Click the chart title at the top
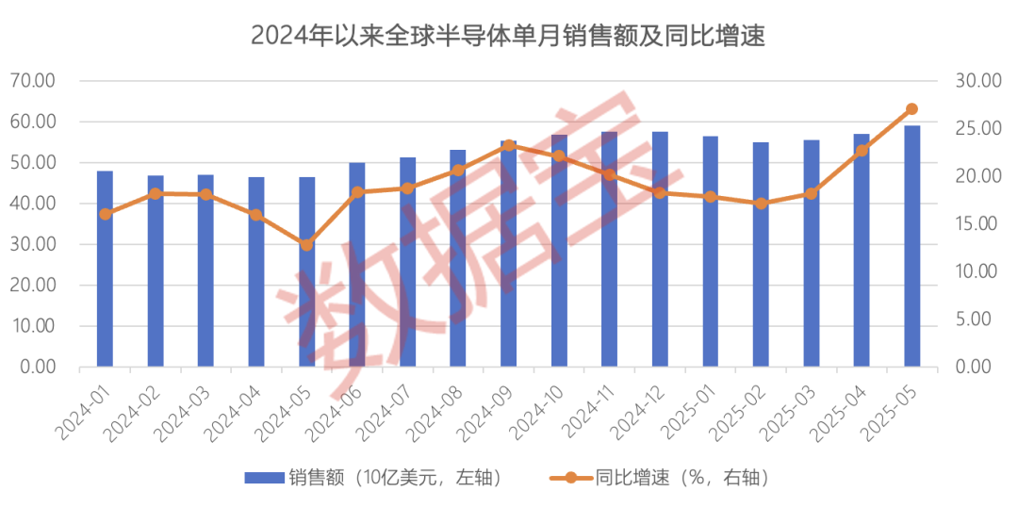508,37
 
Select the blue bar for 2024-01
105,269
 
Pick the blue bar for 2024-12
660,249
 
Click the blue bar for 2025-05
911,246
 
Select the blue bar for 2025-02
761,254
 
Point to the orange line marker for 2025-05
911,109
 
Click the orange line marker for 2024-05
307,245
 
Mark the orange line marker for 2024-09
508,145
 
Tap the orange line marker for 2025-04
862,150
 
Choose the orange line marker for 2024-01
105,214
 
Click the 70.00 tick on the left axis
33,81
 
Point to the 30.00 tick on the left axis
33,244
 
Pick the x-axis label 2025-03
788,411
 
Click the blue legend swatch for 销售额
263,478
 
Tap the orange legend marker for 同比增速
571,478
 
